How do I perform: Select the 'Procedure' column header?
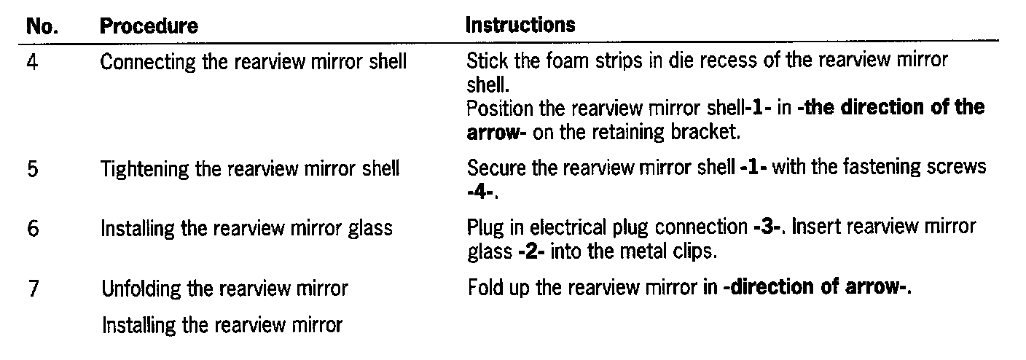(x=149, y=26)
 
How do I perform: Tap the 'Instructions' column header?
(x=520, y=25)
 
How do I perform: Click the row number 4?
(x=33, y=62)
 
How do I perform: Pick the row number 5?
(x=33, y=170)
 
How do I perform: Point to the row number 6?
(x=33, y=229)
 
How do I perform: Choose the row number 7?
(x=33, y=289)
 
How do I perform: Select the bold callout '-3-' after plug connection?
(x=768, y=227)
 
